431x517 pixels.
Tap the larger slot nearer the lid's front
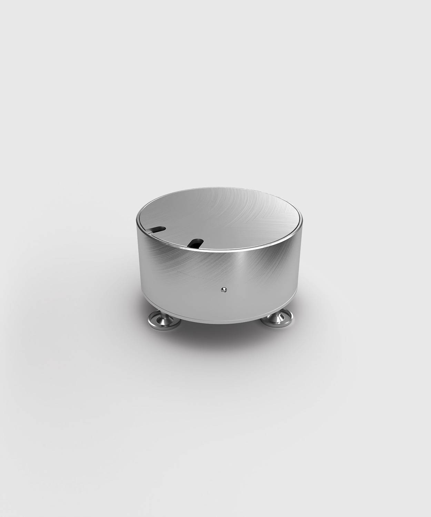pyautogui.click(x=196, y=243)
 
